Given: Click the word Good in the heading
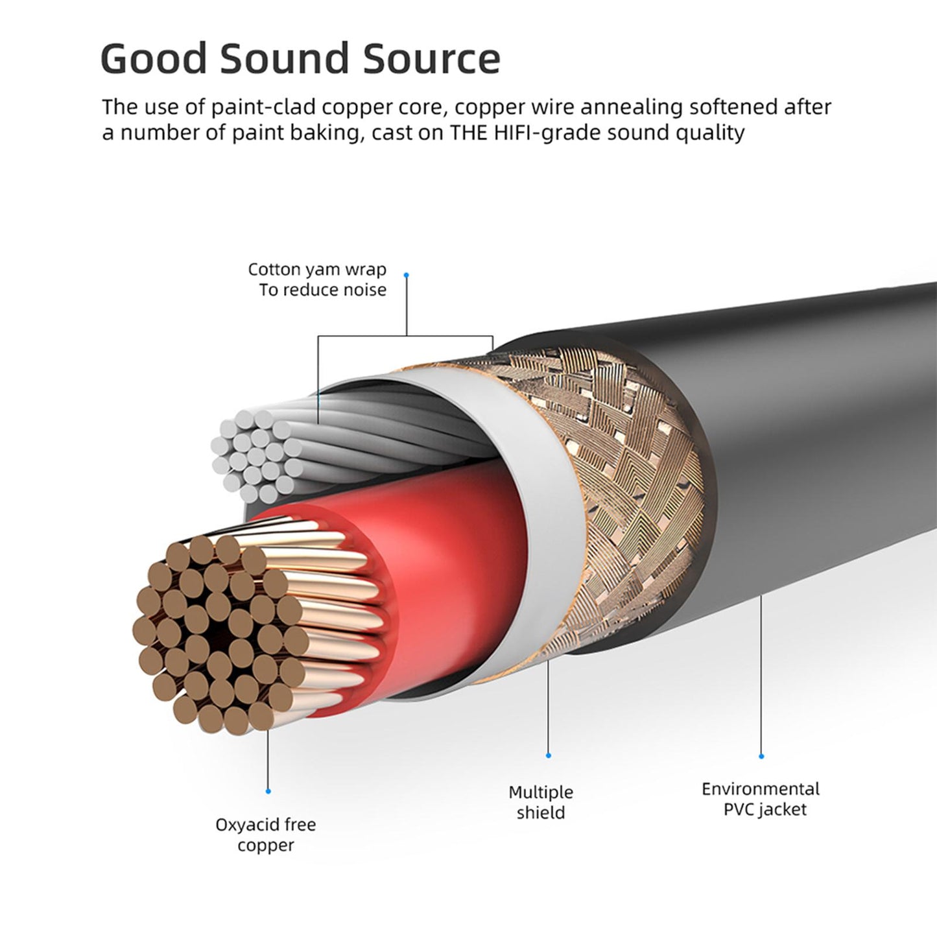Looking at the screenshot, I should [x=153, y=58].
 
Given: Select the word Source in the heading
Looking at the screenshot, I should [x=431, y=58].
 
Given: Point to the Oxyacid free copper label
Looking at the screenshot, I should [x=266, y=835].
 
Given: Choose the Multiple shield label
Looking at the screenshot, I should [x=541, y=802].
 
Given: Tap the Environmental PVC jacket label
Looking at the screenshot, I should [x=761, y=799].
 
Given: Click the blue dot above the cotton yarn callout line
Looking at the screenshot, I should [x=407, y=275].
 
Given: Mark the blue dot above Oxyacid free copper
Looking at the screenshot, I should [x=268, y=791].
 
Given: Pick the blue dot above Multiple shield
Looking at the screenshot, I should [x=549, y=755].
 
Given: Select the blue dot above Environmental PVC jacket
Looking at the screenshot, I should [x=761, y=756].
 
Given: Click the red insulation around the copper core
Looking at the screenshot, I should [x=447, y=571].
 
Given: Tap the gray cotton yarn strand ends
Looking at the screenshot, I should [x=256, y=454].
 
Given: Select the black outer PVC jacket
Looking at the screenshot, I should [x=811, y=441].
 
